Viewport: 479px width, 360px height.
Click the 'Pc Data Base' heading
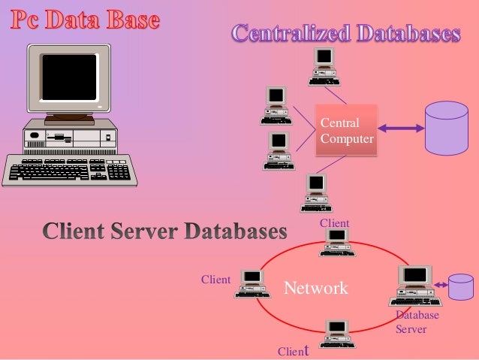(84, 20)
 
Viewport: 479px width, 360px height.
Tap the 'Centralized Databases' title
(345, 34)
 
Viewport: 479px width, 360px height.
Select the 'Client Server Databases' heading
(164, 231)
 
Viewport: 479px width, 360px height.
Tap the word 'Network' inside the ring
(315, 288)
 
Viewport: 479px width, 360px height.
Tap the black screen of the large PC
(70, 76)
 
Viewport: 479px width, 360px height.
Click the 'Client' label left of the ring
(215, 280)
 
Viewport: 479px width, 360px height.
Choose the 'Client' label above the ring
(334, 223)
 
